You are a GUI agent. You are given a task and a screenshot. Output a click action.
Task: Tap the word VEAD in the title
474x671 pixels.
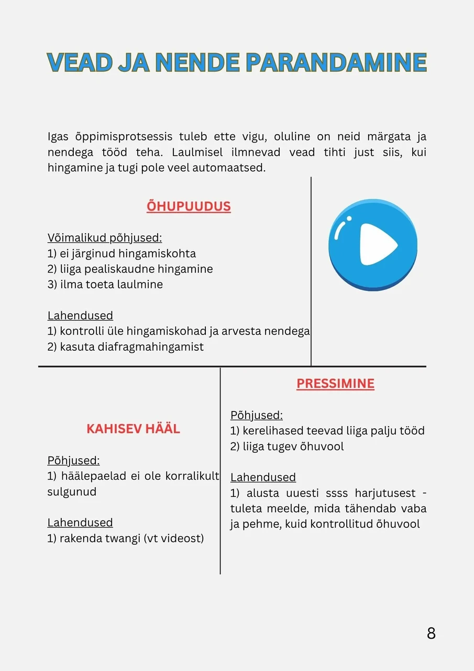click(80, 63)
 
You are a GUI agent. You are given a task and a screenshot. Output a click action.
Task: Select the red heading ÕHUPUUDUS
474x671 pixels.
click(189, 207)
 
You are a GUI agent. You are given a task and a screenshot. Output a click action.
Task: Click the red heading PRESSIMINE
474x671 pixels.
click(335, 384)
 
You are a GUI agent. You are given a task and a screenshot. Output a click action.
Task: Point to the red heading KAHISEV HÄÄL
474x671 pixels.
click(133, 429)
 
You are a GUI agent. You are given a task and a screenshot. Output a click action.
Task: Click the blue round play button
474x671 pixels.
click(372, 245)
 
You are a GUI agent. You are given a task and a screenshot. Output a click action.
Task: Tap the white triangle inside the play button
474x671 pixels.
click(378, 244)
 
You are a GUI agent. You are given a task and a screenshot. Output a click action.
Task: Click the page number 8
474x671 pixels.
click(431, 633)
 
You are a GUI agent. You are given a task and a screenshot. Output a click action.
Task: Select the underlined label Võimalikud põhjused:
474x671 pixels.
click(105, 238)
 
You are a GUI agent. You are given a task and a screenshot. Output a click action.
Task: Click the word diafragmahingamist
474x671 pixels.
click(151, 347)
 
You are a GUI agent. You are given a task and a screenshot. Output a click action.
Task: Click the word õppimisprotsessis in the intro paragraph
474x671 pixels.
click(124, 137)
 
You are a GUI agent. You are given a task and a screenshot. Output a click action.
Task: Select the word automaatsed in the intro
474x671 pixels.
click(235, 169)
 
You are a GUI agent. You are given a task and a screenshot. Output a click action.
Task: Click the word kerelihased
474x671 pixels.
click(271, 431)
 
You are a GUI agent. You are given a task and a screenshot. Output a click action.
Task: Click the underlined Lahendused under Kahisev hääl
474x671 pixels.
click(80, 523)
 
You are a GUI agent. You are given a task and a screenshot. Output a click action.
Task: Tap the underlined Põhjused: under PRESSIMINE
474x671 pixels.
click(257, 416)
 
